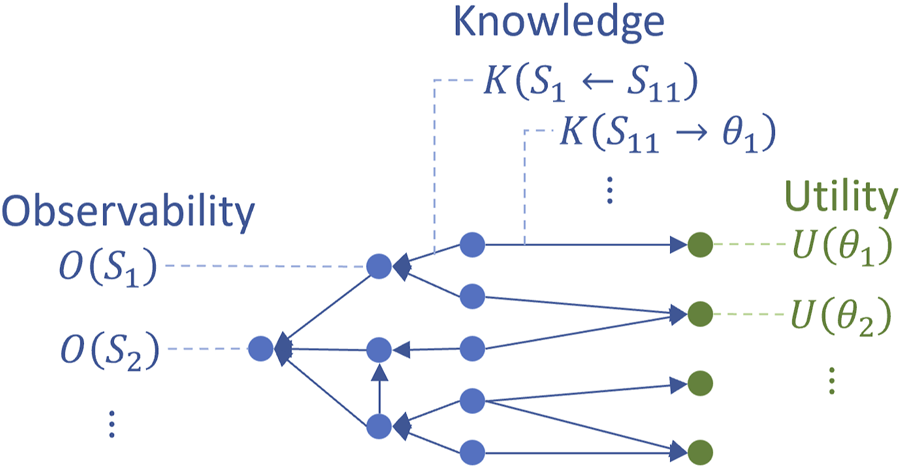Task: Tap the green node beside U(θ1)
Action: coord(699,244)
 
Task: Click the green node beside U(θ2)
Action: coord(699,314)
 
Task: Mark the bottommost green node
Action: coord(699,450)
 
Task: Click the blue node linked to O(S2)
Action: coord(260,349)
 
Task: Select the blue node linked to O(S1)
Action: coord(378,267)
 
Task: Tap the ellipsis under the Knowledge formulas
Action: coord(611,189)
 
